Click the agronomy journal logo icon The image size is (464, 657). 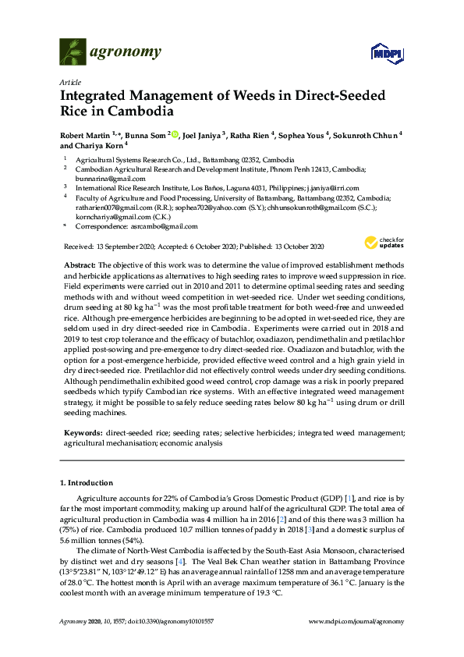[x=73, y=52]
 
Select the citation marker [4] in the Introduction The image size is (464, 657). [x=203, y=561]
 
